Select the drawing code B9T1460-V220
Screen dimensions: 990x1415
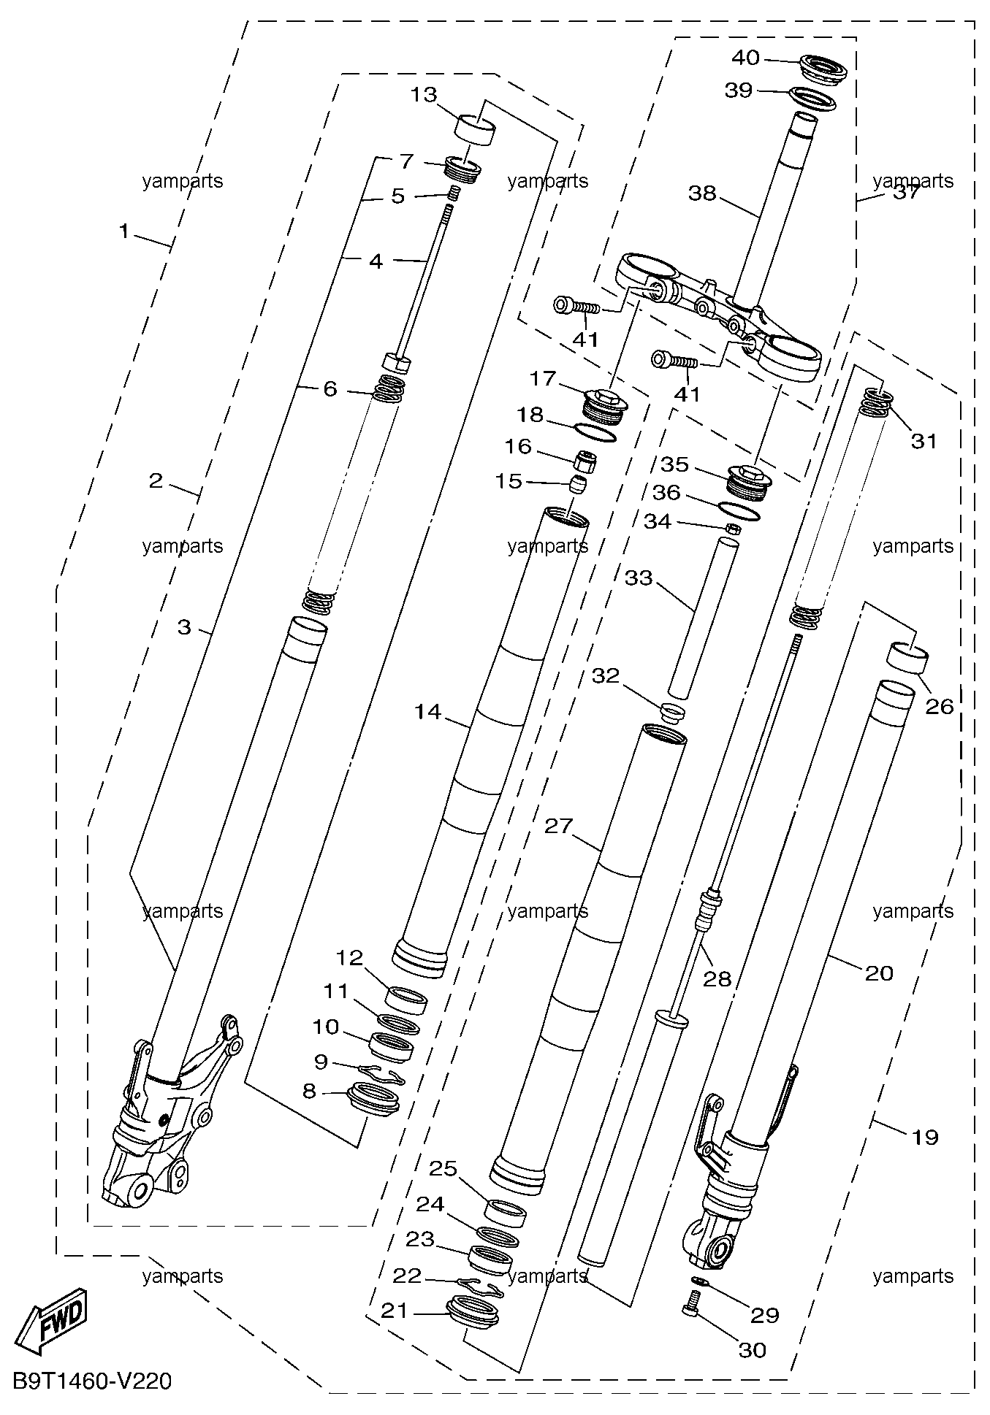(92, 1381)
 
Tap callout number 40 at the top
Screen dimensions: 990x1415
(745, 58)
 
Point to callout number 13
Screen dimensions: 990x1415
(424, 95)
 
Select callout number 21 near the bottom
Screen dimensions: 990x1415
(395, 1311)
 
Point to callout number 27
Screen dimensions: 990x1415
(559, 826)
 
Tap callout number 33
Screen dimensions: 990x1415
(639, 578)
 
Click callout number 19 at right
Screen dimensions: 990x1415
(925, 1137)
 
